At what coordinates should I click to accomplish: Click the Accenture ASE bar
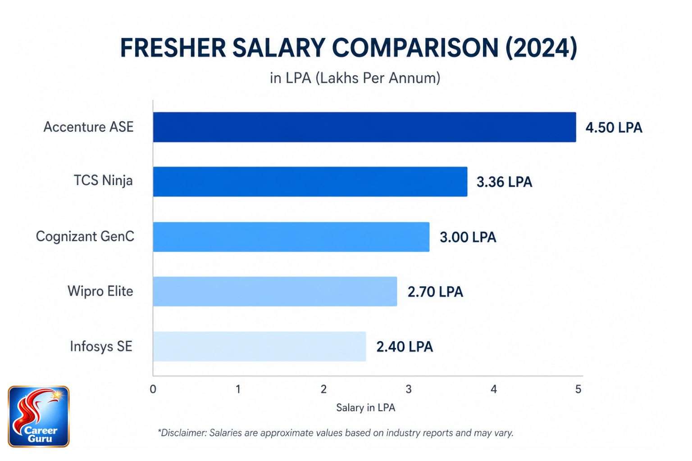364,127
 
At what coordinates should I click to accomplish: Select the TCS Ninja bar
310,181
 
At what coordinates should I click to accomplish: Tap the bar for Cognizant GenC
291,237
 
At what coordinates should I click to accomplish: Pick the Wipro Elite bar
275,291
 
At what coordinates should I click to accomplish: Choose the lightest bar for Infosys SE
259,346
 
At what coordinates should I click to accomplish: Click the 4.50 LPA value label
614,127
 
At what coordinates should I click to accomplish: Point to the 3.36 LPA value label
504,182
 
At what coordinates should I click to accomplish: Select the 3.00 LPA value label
468,237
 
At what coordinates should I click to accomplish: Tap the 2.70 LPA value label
435,292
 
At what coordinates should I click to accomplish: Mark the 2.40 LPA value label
405,347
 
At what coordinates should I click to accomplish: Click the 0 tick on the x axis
153,389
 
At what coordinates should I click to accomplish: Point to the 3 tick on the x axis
408,389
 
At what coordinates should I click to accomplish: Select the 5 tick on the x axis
578,389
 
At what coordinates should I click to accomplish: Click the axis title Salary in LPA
365,408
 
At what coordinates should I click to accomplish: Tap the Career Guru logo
39,416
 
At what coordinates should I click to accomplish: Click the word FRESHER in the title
173,48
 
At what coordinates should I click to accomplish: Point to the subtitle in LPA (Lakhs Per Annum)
355,78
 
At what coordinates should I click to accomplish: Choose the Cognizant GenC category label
85,236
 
